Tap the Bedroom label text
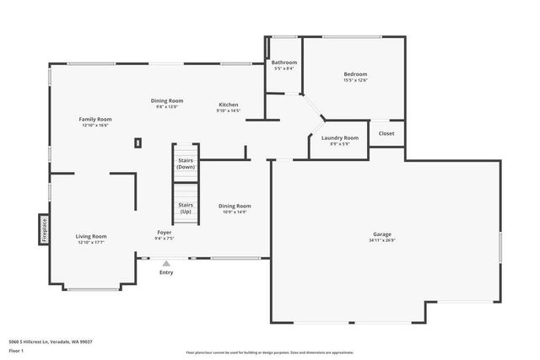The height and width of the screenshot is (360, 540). (355, 74)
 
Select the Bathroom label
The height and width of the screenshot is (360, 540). (283, 62)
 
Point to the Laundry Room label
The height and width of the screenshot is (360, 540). (340, 137)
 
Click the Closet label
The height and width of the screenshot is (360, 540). (386, 133)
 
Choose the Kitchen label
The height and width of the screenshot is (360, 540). (229, 105)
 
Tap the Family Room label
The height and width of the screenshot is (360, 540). (95, 119)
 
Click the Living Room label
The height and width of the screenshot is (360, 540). (91, 236)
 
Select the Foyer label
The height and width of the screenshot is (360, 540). (165, 233)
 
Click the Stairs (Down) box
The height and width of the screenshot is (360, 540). (186, 164)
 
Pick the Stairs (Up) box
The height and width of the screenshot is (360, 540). (186, 207)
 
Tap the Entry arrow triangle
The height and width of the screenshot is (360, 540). (166, 263)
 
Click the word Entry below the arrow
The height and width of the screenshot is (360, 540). (166, 272)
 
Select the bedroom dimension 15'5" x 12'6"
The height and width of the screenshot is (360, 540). (355, 81)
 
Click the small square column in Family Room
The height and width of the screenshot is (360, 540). (137, 143)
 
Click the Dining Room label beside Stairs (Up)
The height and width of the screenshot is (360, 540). (235, 206)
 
